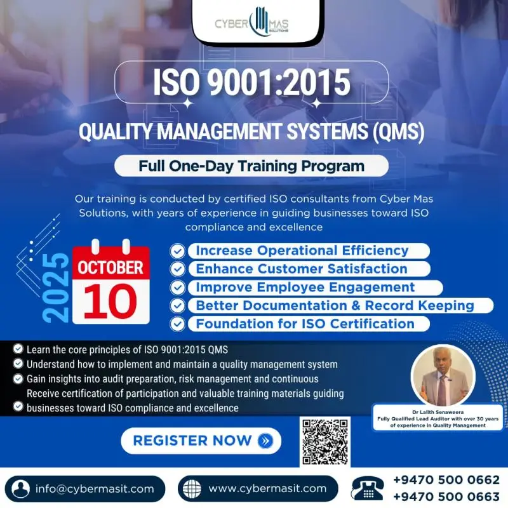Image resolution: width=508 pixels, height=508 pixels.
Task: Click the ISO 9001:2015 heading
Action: coord(251,82)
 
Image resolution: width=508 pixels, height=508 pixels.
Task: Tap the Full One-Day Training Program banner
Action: coord(251,166)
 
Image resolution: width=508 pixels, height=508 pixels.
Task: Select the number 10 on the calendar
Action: coord(110,300)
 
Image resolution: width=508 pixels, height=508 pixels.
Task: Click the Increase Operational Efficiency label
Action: coord(302,250)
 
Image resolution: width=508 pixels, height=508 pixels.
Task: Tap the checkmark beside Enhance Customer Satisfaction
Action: coord(178,269)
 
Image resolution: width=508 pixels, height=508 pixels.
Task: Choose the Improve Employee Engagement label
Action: coord(305,287)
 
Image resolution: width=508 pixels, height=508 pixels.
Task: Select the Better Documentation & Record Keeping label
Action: coord(335,305)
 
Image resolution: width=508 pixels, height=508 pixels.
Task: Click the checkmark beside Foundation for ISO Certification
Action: coord(178,324)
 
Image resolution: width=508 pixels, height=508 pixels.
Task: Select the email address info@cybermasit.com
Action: coord(95,488)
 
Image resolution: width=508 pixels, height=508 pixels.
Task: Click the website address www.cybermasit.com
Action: coord(267,488)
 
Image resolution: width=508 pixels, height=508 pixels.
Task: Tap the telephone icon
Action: coord(368,489)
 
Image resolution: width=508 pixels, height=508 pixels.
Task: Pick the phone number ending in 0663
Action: coord(446,497)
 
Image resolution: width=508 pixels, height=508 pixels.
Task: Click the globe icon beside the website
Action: coord(191,489)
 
